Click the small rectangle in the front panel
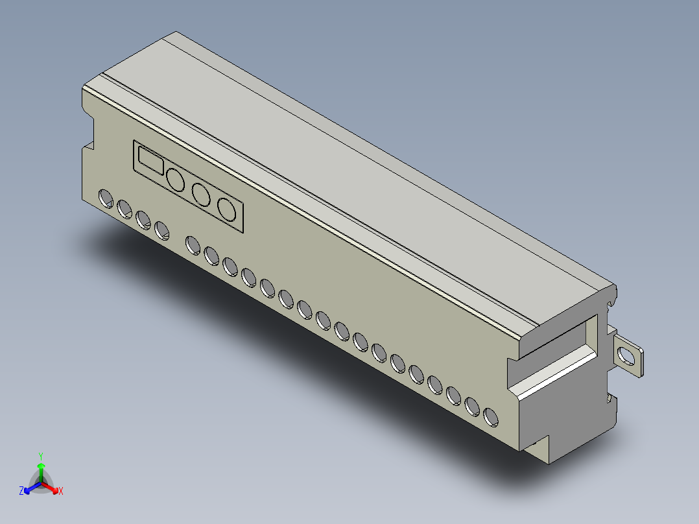[x=150, y=160]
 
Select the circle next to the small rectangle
[x=175, y=180]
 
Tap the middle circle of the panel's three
[x=201, y=195]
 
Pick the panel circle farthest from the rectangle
[x=226, y=209]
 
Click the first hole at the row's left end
[x=106, y=198]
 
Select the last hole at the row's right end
[x=491, y=418]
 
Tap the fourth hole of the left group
[x=161, y=231]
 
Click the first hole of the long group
[x=193, y=246]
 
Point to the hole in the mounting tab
[x=628, y=356]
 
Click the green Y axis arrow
[x=41, y=473]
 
